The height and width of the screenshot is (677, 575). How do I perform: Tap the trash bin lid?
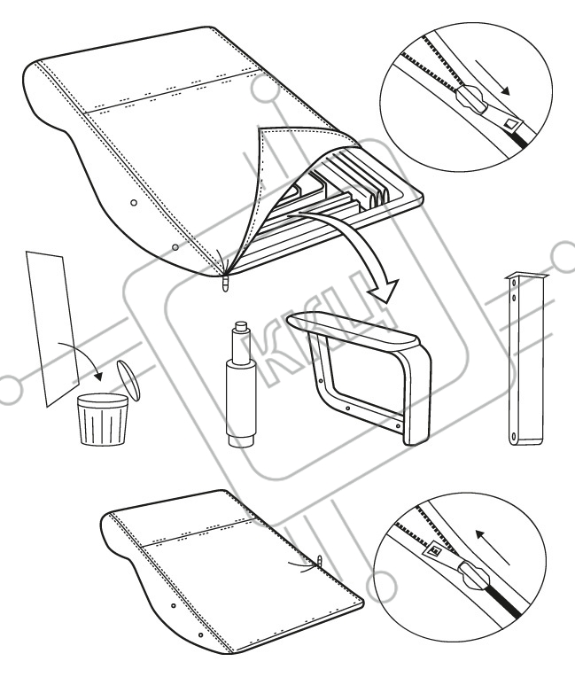(x=128, y=380)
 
